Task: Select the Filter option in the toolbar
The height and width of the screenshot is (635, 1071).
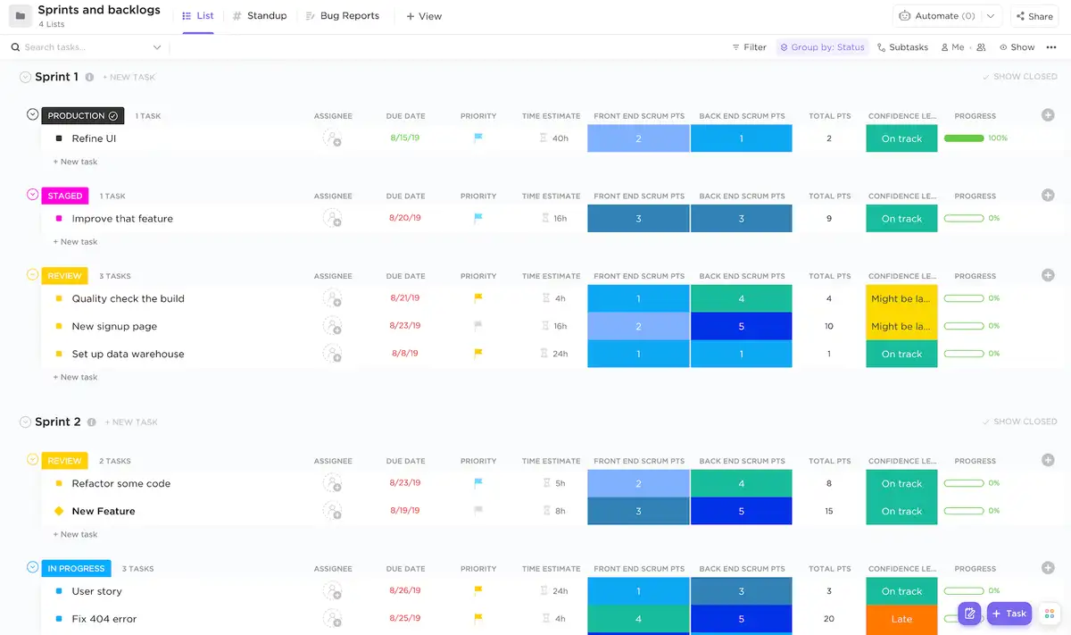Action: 749,47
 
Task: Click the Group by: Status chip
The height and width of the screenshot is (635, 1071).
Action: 822,47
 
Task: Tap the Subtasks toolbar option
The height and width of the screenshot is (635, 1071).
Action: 902,47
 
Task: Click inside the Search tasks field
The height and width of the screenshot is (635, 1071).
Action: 85,47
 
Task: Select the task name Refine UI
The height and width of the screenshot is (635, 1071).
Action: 94,138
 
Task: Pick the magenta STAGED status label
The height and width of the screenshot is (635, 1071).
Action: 64,196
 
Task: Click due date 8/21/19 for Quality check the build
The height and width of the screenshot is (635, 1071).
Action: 405,298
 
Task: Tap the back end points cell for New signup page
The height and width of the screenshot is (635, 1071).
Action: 741,326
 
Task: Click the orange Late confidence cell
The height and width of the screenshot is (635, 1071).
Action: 901,619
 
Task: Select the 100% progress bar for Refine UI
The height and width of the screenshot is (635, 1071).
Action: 964,138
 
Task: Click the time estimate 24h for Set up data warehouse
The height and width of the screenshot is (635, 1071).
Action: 559,354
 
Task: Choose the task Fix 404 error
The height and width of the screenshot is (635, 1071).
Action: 104,619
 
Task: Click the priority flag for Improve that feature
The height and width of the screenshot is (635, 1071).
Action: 478,218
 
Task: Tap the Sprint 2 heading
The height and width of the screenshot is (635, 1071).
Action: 58,422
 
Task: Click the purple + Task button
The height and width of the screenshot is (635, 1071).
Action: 1009,614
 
